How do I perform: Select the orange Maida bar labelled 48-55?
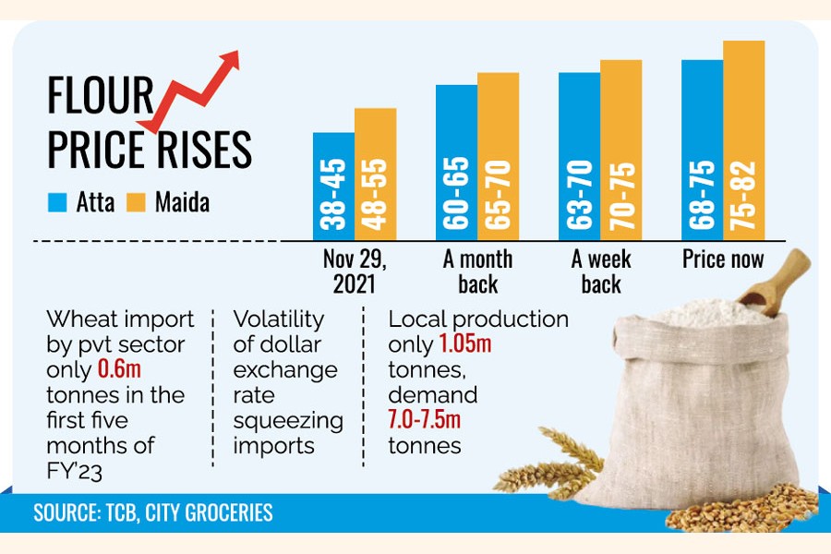pyautogui.click(x=375, y=175)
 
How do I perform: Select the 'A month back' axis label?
pyautogui.click(x=477, y=271)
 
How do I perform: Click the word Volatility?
pyautogui.click(x=279, y=319)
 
